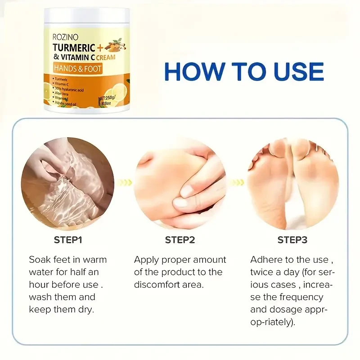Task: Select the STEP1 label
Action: [68, 240]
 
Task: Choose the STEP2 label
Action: [180, 240]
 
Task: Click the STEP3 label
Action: [292, 240]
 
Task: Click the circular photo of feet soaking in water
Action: [67, 183]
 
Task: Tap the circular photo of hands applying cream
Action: [180, 183]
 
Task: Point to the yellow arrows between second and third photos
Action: [237, 183]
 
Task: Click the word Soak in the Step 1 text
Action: [39, 260]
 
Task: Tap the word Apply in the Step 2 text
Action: [146, 260]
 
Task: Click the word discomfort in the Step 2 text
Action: [159, 284]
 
